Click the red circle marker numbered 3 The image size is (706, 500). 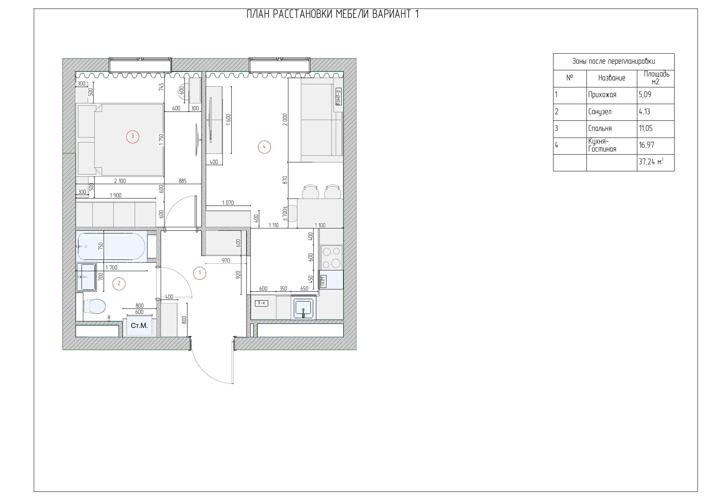tap(133, 136)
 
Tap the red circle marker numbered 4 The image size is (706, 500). tap(264, 147)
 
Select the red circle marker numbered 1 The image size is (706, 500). tap(199, 273)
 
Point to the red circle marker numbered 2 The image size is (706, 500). tap(119, 284)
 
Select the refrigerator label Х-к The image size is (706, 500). tap(262, 303)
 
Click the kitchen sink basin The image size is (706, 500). tap(303, 308)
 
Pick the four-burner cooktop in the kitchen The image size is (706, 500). tap(331, 258)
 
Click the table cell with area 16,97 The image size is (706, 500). tap(655, 145)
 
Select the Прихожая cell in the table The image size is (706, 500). tap(611, 95)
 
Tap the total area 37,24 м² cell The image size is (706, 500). tap(655, 162)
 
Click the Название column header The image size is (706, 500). tap(611, 78)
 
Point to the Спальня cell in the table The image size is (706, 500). tap(611, 129)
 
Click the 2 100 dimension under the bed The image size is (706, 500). tap(120, 181)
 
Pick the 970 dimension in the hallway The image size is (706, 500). tap(226, 261)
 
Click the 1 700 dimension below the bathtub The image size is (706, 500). tap(111, 267)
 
